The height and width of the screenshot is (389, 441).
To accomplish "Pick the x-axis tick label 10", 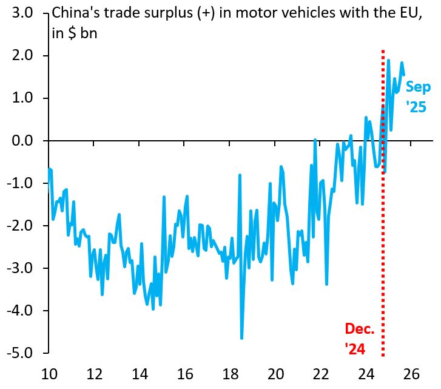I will tap(48, 373).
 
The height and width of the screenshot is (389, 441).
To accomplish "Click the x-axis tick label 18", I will tap(231, 373).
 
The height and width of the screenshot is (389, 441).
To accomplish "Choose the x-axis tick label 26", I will tap(413, 373).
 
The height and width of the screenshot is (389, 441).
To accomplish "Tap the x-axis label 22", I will tap(322, 373).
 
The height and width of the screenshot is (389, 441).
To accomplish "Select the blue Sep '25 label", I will tap(417, 97).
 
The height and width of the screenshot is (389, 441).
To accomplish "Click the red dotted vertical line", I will tap(383, 243).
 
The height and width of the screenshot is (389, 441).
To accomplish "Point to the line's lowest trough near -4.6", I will tap(241, 337).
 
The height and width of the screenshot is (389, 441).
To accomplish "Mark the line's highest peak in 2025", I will tap(388, 61).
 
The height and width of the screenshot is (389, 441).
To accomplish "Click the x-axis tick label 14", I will tap(139, 373).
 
